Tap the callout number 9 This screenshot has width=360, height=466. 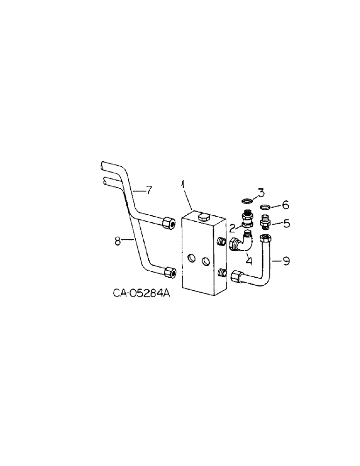pos(286,262)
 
